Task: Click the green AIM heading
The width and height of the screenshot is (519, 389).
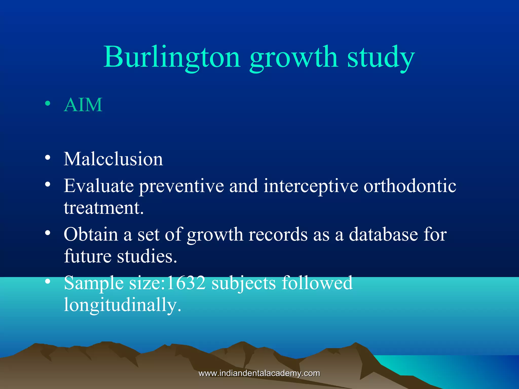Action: [x=83, y=105]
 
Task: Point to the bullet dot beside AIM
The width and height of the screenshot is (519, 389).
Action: [x=47, y=104]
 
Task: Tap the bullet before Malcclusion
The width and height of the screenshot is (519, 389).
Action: [x=47, y=158]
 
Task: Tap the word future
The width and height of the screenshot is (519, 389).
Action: [x=88, y=256]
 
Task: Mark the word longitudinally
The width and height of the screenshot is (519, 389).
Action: [x=122, y=305]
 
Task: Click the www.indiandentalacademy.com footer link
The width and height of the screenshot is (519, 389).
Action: [x=259, y=373]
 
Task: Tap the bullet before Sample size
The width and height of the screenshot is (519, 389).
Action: [x=47, y=282]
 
